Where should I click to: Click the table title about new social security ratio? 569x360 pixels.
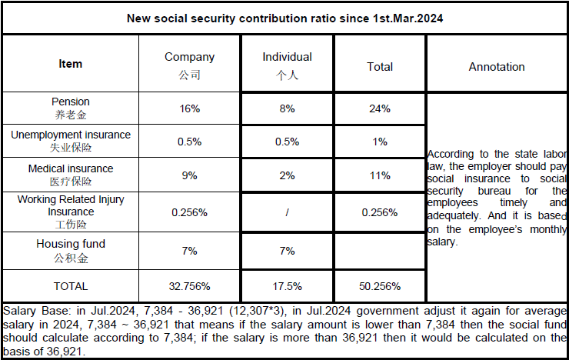[284, 18]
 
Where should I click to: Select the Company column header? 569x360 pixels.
[189, 57]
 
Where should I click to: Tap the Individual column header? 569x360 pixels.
[287, 57]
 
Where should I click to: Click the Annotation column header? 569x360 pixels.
[497, 67]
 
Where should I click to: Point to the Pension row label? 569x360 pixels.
[71, 102]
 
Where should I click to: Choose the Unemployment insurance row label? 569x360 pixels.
[71, 135]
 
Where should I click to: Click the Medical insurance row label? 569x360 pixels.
[71, 168]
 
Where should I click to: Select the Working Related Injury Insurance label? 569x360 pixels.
[71, 205]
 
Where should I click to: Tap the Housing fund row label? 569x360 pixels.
[71, 244]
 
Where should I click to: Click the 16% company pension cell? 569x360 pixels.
[189, 109]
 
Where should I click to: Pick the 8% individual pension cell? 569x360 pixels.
[287, 109]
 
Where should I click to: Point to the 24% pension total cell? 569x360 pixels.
[380, 109]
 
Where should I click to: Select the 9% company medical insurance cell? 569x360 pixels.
[189, 175]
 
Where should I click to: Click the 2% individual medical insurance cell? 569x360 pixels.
[287, 175]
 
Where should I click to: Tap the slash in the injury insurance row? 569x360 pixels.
[287, 212]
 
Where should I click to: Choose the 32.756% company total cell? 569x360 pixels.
[189, 286]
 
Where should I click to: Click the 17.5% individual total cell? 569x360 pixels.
[287, 286]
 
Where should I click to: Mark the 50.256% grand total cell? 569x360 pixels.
[380, 286]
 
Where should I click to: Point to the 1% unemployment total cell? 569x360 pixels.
[380, 142]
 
